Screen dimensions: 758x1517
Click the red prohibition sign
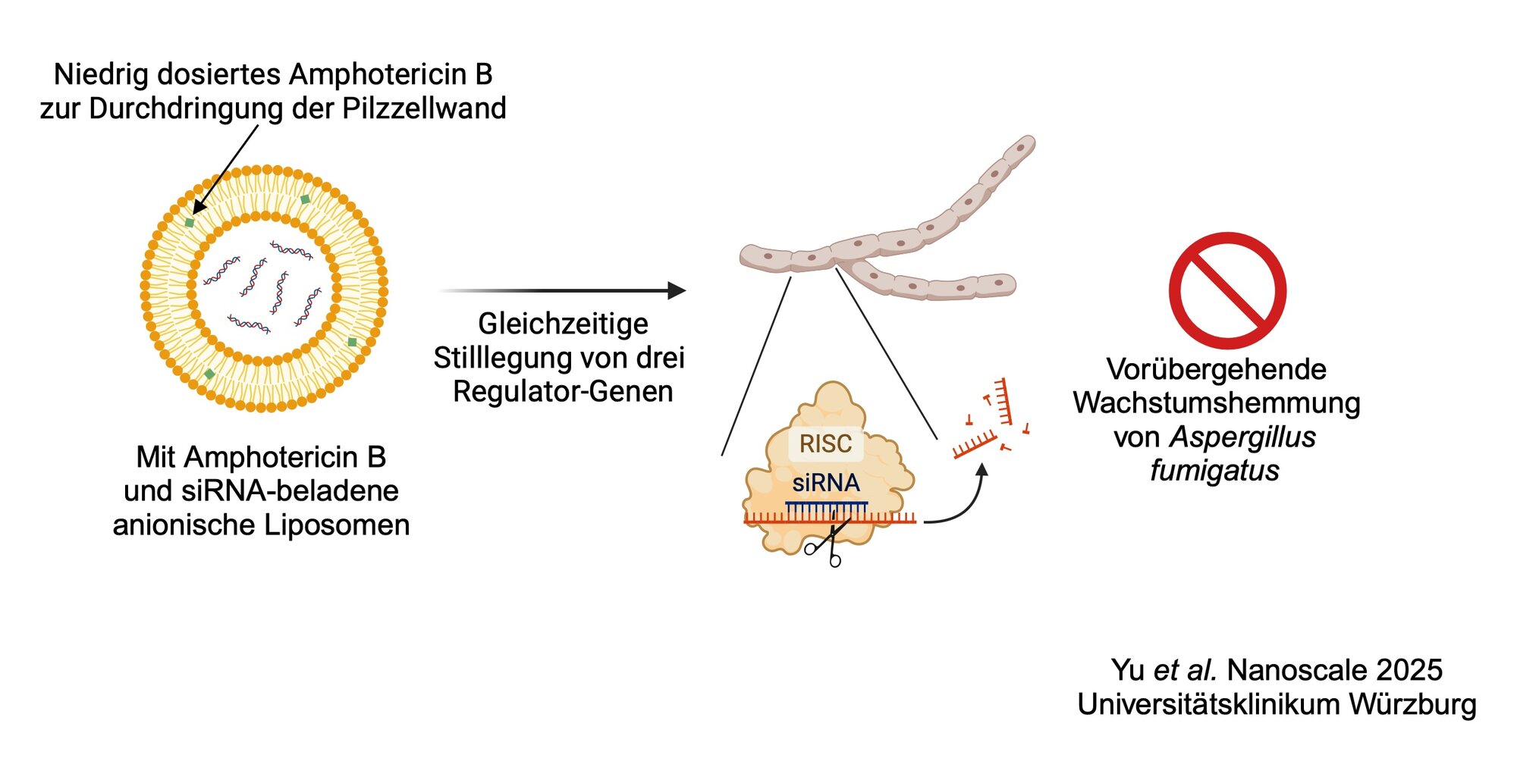tap(1227, 290)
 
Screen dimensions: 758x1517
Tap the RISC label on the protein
tap(825, 444)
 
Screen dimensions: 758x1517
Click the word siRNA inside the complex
tap(826, 484)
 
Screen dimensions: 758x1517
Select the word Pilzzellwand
tap(424, 109)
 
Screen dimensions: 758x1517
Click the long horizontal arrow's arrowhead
tap(677, 290)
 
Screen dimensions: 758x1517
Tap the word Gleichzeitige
tap(563, 324)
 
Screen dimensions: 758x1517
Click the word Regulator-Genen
tap(563, 392)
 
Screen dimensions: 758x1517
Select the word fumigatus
tap(1214, 471)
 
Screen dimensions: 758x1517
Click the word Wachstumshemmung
tap(1216, 403)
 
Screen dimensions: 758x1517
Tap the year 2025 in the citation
tap(1409, 671)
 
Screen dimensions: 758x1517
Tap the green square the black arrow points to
tap(190, 222)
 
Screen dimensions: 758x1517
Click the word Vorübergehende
tap(1216, 370)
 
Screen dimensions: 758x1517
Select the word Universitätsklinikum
tap(1209, 704)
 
